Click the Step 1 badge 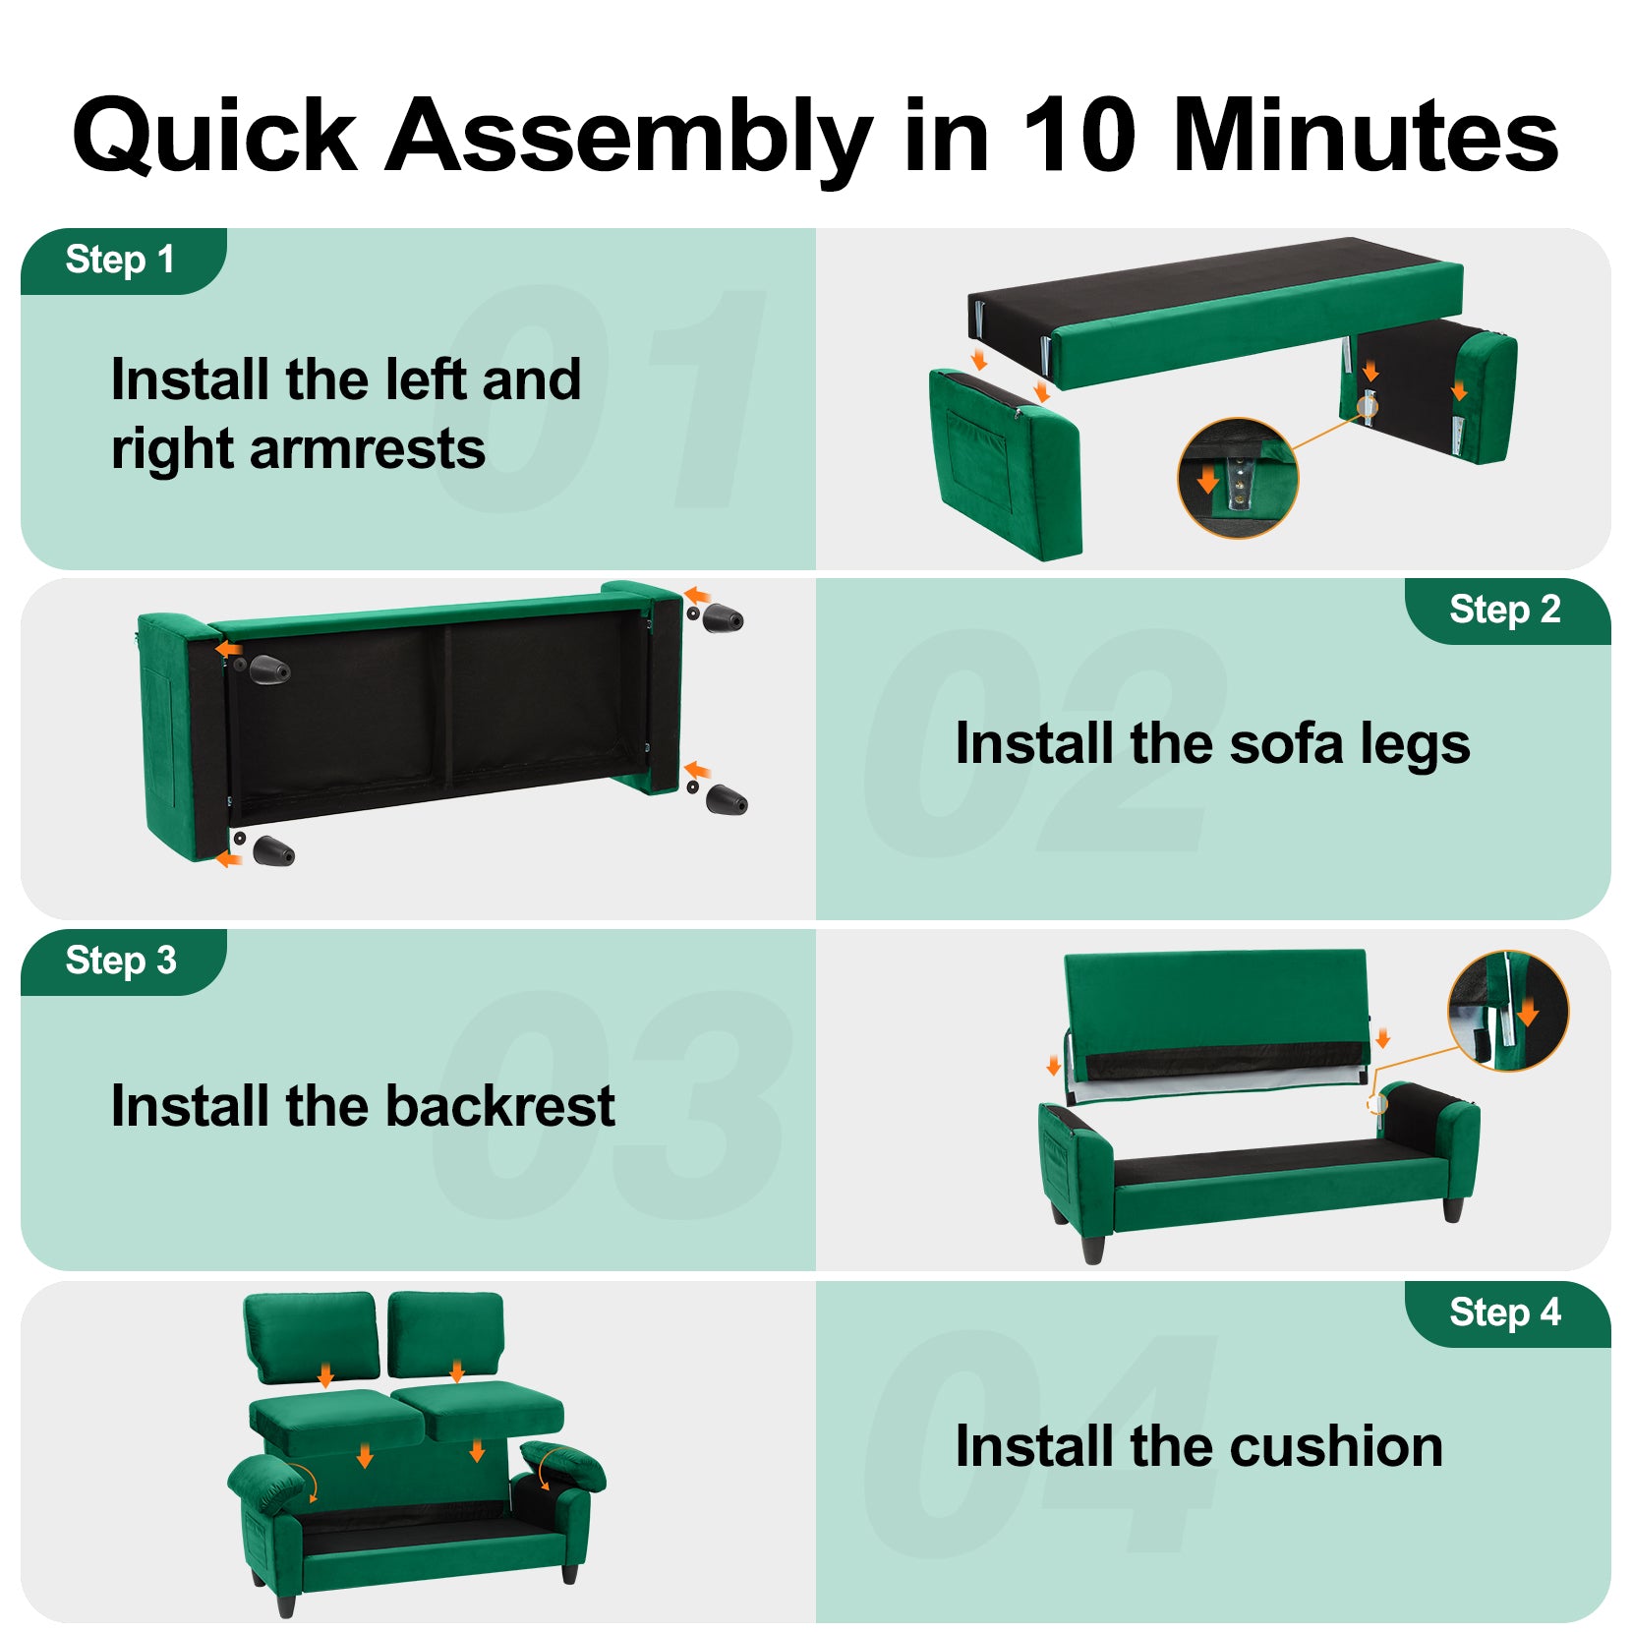tap(123, 261)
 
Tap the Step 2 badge tap(1507, 611)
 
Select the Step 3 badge tap(123, 962)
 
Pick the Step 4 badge tap(1507, 1313)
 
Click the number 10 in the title tap(1078, 135)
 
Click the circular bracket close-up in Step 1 tap(1238, 478)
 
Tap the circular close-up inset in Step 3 tap(1508, 1010)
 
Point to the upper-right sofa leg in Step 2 tap(723, 617)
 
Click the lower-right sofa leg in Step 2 tap(727, 799)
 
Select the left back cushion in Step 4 tap(311, 1337)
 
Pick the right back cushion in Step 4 tap(446, 1334)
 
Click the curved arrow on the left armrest tap(304, 1482)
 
